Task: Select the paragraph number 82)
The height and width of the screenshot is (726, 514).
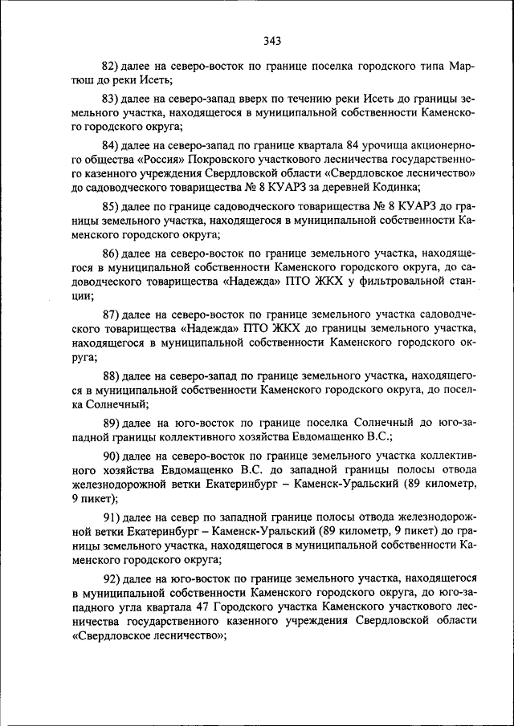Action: [x=110, y=65]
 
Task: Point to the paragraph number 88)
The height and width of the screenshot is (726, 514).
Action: [x=110, y=375]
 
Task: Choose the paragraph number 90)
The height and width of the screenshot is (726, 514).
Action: [x=110, y=456]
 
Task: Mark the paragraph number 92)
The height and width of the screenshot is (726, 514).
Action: [x=110, y=578]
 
